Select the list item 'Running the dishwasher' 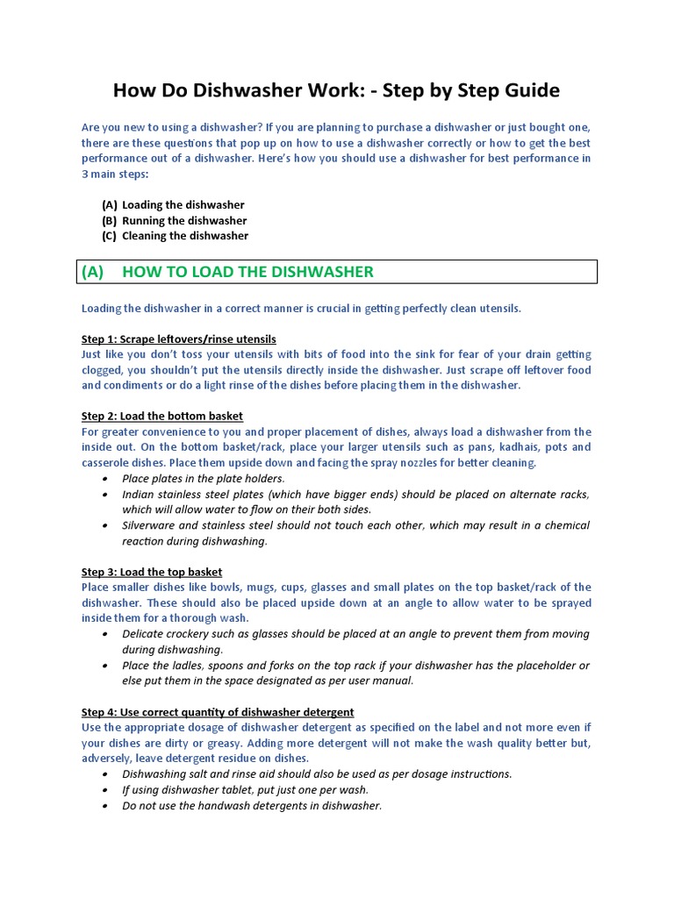[x=184, y=221]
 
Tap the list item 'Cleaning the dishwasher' [x=185, y=236]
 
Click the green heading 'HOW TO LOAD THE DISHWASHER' [x=247, y=272]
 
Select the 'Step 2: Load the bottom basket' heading [x=162, y=416]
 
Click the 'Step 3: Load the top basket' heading [x=152, y=572]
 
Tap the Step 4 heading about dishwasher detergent [x=218, y=712]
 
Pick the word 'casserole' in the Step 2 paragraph [x=106, y=463]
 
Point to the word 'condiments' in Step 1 [x=136, y=386]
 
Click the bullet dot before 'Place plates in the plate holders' [x=105, y=479]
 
